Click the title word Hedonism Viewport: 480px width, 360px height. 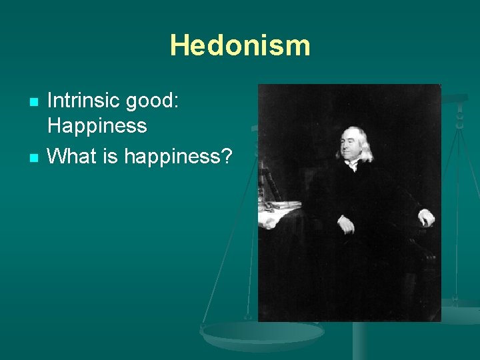coord(240,46)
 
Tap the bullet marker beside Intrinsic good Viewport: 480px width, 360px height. coord(33,102)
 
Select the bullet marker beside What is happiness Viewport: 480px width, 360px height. coord(33,157)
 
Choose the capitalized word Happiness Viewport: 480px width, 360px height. coord(97,125)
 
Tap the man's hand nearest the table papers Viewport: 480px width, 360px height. coord(345,224)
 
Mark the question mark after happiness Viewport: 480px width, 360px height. coord(227,157)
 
